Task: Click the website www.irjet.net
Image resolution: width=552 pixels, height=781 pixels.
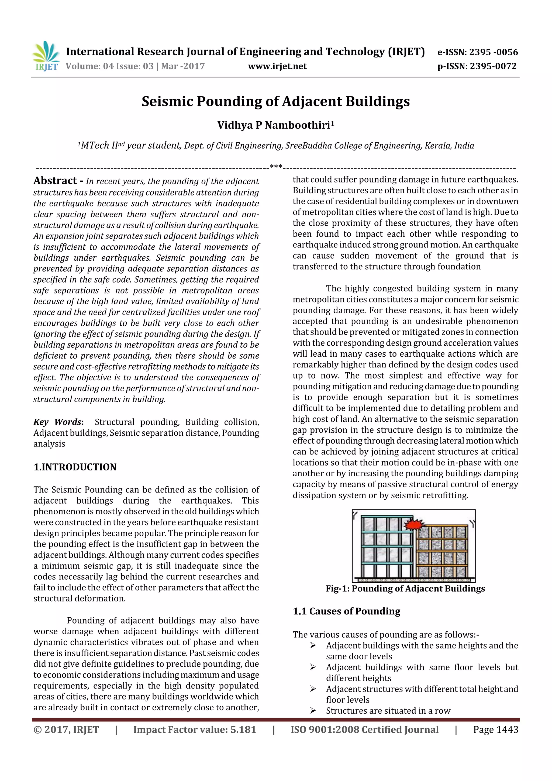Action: coord(277,66)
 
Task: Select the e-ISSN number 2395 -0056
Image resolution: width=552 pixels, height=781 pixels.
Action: coord(494,52)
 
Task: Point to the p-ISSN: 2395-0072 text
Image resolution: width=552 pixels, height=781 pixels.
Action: coord(477,66)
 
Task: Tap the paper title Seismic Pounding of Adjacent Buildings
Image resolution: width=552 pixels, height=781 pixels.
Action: coord(275,101)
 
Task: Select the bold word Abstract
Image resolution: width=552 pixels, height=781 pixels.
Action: coord(55,181)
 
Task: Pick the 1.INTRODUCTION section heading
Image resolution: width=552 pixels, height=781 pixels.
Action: coord(75,467)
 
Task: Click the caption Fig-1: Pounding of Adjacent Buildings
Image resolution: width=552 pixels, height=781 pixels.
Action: coord(405,589)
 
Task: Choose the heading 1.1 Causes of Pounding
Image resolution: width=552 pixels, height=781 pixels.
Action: coord(346,611)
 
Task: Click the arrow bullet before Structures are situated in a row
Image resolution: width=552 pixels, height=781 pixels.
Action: coord(313,711)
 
